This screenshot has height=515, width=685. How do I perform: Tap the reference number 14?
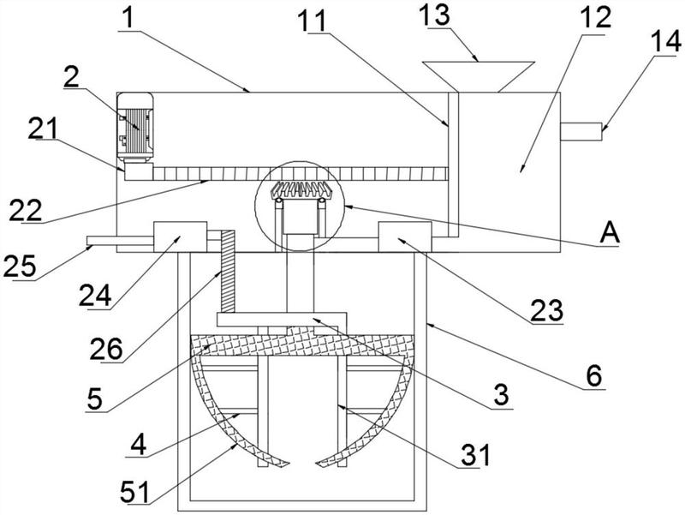click(x=665, y=42)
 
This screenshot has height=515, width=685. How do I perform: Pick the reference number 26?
click(x=106, y=350)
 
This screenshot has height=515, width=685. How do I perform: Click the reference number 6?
click(x=593, y=375)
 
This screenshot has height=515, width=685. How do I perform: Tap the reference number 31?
click(x=475, y=455)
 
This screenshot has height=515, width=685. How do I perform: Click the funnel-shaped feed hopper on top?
click(x=478, y=76)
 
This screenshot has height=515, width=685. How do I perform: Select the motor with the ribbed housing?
click(x=135, y=128)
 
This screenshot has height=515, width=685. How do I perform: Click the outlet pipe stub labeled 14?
click(x=581, y=132)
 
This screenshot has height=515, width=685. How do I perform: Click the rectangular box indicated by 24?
click(x=180, y=237)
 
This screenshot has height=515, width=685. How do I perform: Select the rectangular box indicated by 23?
click(x=405, y=237)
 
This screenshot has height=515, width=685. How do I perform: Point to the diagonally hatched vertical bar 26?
click(x=228, y=272)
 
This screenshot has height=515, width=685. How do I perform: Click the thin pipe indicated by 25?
click(x=120, y=241)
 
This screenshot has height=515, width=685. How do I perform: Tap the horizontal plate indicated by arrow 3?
click(x=282, y=319)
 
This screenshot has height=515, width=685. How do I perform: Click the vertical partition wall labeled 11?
click(x=454, y=165)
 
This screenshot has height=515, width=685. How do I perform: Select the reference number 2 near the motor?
click(x=71, y=79)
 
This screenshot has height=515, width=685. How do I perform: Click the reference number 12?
click(x=596, y=17)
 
